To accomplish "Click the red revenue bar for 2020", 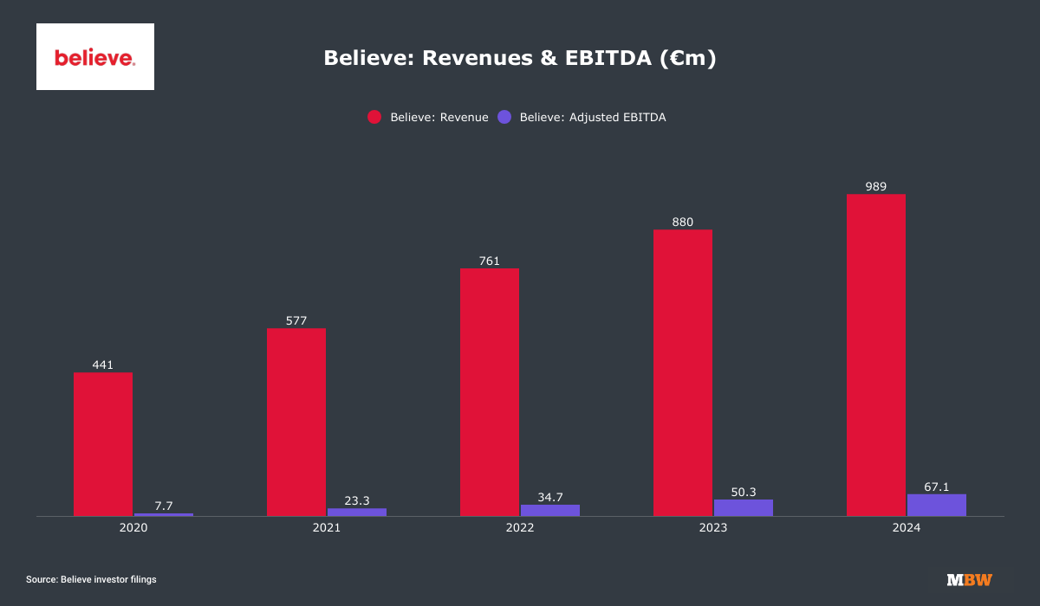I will [103, 444].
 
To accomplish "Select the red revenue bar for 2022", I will [490, 392].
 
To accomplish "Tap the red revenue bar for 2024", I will [876, 355].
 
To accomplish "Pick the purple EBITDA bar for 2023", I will [744, 507].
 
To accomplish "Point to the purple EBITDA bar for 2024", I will [937, 505].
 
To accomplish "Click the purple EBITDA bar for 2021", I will [357, 512].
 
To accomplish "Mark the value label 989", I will [875, 186].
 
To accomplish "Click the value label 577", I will [296, 320].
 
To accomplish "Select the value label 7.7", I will [164, 505].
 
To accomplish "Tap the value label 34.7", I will [550, 496].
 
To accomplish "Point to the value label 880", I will [682, 222].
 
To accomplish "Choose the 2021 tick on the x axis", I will [327, 527].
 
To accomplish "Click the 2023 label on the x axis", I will [713, 527].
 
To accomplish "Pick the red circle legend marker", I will [374, 118].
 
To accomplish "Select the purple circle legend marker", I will [504, 118].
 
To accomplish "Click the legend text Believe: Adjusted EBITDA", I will [593, 118].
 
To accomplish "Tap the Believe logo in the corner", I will [95, 57].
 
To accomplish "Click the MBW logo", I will [969, 579].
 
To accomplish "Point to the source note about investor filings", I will [91, 579].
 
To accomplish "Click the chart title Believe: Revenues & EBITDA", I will [520, 58].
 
